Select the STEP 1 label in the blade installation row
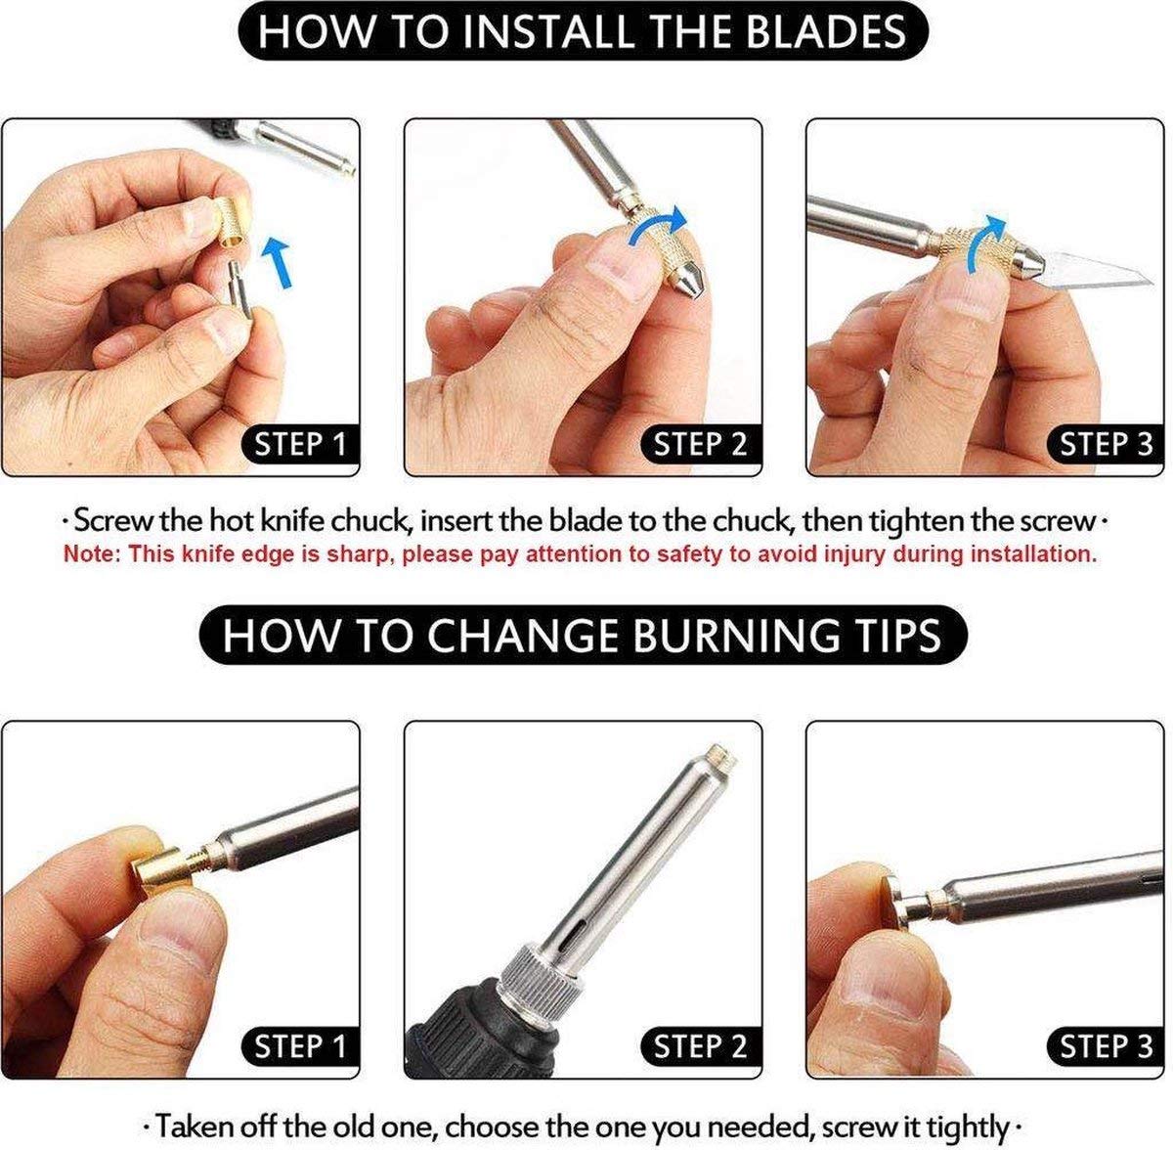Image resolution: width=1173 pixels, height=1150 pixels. (x=300, y=444)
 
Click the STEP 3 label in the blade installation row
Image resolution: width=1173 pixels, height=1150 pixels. (x=1106, y=444)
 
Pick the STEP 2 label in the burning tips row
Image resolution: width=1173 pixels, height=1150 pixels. (x=700, y=1047)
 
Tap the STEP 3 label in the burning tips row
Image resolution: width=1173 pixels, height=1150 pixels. (x=1106, y=1047)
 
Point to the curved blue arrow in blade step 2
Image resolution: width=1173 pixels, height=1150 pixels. (x=658, y=229)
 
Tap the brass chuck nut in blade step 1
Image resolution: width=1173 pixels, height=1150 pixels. (x=233, y=222)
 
